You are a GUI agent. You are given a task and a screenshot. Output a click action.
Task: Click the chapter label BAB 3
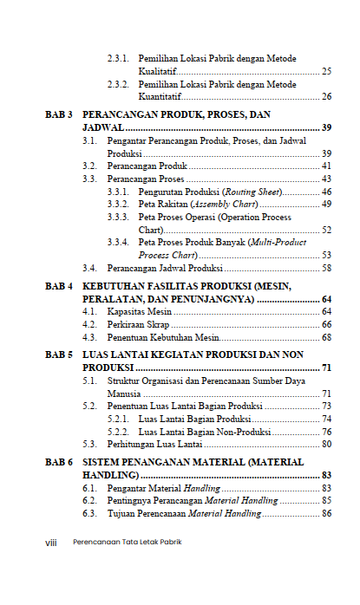coord(58,114)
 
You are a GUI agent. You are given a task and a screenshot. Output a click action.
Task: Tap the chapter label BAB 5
coord(58,355)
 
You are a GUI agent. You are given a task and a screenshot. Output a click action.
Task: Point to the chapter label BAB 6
coord(58,463)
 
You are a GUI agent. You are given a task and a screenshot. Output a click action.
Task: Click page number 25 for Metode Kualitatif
coord(326,71)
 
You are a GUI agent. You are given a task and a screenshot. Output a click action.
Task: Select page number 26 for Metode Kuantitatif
coord(326,96)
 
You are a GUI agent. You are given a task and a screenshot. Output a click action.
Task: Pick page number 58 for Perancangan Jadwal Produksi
coord(326,268)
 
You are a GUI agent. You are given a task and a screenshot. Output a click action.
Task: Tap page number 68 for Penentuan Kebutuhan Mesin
coord(326,337)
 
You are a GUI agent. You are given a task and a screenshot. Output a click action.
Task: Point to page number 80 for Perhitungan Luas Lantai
coord(326,444)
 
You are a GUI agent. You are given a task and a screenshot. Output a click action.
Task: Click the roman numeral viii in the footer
coord(50,543)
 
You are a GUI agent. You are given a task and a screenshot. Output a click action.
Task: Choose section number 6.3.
coord(89,514)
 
